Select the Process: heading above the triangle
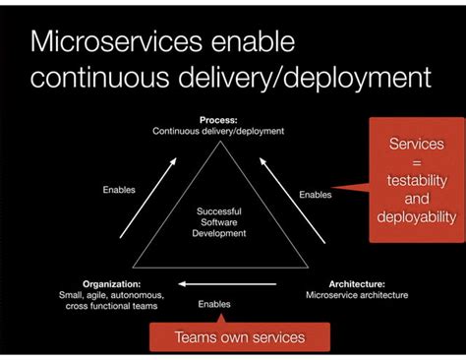click(218, 119)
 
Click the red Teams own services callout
click(239, 337)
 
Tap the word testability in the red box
click(416, 181)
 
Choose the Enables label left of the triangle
click(119, 190)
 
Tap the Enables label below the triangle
click(214, 304)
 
